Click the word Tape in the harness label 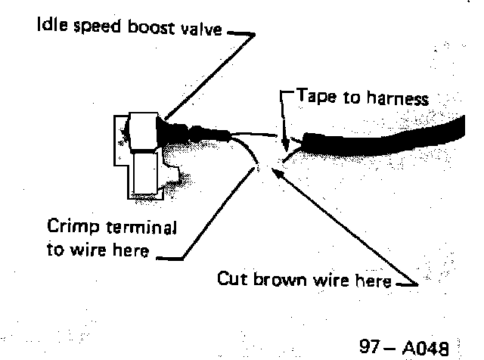pos(314,97)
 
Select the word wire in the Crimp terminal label pos(81,250)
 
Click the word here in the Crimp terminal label pos(129,250)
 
